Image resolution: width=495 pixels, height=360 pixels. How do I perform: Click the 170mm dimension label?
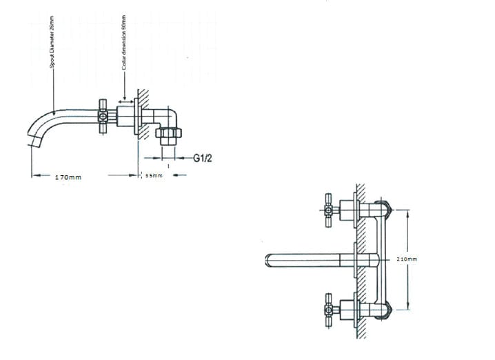tap(68, 177)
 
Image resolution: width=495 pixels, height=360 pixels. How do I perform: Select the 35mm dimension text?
tap(153, 176)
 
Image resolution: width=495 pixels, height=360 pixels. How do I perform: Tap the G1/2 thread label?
tap(203, 158)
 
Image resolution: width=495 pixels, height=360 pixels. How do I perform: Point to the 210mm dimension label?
tap(407, 259)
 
